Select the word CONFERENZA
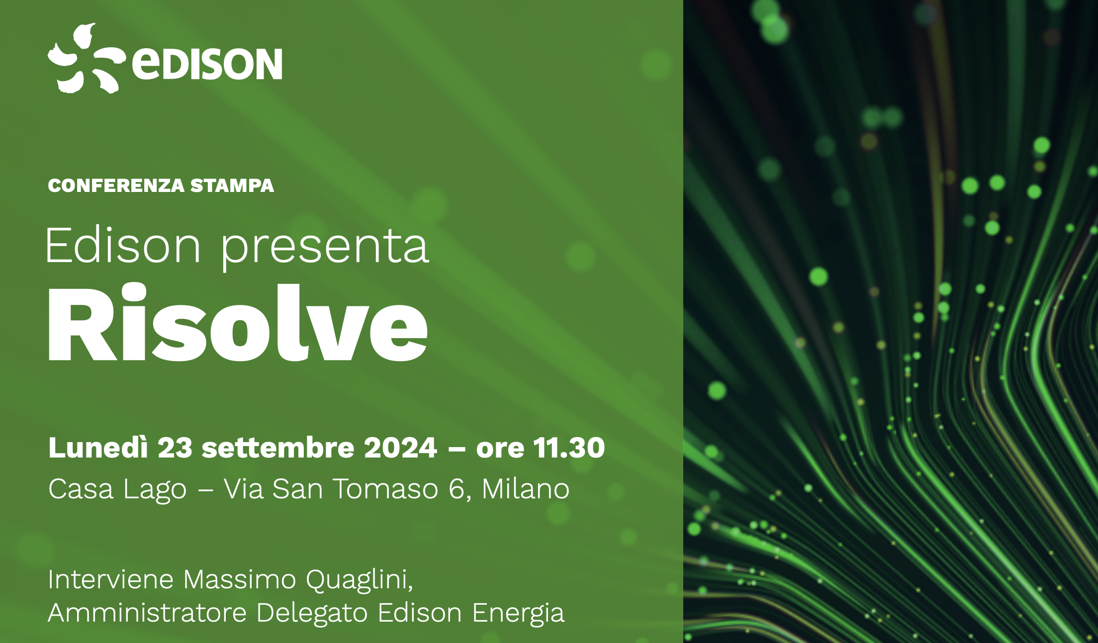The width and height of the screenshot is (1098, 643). (116, 185)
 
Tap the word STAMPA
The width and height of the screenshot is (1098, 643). (232, 185)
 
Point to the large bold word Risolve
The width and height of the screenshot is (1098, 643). (237, 323)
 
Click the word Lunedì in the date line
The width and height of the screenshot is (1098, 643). (98, 448)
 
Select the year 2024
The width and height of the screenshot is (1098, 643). (400, 448)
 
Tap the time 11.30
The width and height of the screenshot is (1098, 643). (569, 448)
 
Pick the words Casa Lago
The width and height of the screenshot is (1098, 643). (117, 489)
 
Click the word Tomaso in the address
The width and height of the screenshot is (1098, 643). (385, 489)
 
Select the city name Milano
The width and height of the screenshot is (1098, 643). (526, 489)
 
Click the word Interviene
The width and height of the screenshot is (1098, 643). (111, 579)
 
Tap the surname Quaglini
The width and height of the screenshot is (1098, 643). (359, 580)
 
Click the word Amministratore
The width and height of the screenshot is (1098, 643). (147, 612)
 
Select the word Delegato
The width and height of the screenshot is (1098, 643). (312, 613)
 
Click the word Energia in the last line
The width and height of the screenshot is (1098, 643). (518, 613)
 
